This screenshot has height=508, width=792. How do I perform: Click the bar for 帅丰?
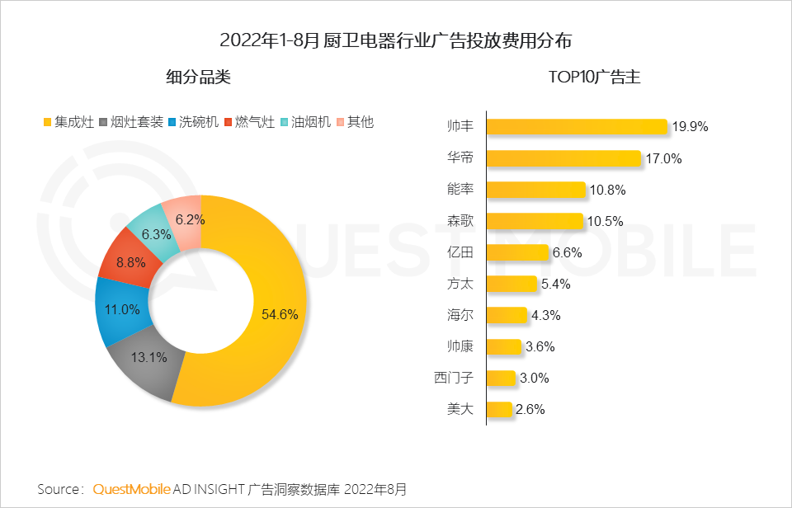[x=577, y=126]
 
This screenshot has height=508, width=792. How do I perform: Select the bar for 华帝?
[x=563, y=158]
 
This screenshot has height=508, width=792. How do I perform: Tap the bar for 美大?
[x=500, y=409]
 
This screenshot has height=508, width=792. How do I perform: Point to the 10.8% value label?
[x=607, y=190]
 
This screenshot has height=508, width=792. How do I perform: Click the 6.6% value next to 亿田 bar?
[x=568, y=252]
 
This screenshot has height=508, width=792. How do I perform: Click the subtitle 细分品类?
[x=198, y=78]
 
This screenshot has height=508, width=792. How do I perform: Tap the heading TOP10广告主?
[x=594, y=78]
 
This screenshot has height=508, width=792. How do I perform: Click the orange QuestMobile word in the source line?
[x=132, y=489]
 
